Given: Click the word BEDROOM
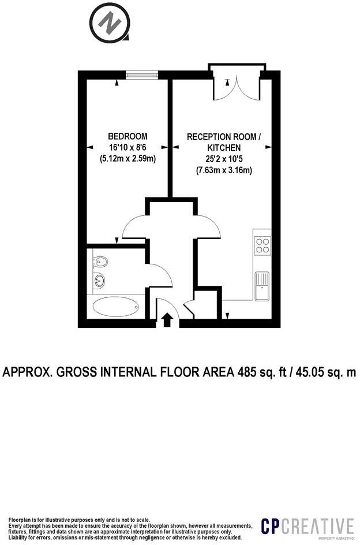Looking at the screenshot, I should point(123,136).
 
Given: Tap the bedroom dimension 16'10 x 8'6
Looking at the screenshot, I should point(123,147).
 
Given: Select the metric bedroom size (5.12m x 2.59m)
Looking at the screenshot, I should point(123,158).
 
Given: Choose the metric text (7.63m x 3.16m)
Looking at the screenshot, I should point(224,170).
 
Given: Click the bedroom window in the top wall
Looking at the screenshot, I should point(142,74).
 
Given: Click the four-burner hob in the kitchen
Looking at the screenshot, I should point(262,246).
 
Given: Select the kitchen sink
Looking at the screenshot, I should point(262,285).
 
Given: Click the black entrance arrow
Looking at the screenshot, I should point(167,319).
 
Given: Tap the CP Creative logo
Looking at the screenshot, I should point(307,527).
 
